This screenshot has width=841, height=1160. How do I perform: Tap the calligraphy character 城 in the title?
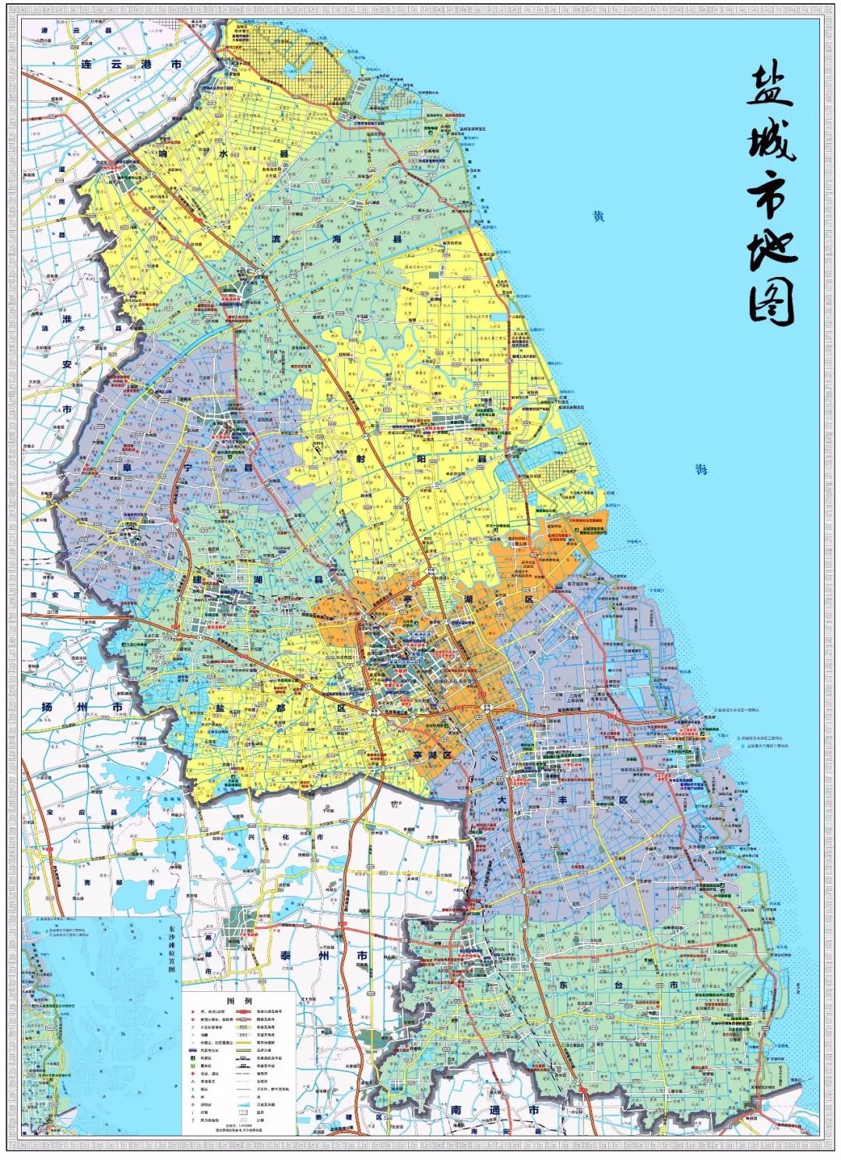click(771, 141)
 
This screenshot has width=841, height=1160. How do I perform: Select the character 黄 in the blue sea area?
click(597, 217)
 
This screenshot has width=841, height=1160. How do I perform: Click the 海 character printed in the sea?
click(702, 469)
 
